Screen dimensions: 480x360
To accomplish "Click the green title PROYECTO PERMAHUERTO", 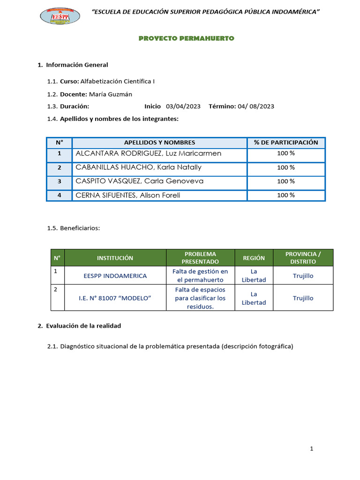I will click(186, 38).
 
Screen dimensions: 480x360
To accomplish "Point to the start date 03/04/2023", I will click(183, 106).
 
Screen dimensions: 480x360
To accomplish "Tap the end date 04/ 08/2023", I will click(256, 106).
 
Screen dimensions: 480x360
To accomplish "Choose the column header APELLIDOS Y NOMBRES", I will click(159, 142).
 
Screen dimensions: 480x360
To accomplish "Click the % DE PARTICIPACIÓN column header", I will click(286, 142).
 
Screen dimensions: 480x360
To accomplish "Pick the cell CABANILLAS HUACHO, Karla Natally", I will click(138, 167).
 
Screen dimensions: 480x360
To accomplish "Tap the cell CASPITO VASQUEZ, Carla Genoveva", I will click(139, 181).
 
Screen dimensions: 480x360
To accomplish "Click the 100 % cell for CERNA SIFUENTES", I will click(286, 195).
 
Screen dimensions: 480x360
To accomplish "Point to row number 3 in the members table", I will click(59, 181).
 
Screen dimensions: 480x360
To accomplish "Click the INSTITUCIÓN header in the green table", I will click(115, 258).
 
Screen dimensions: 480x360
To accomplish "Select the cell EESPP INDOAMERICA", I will click(115, 276).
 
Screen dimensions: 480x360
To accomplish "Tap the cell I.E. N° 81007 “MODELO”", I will click(115, 298).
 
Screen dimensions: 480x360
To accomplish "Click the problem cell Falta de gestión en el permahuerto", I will click(200, 276).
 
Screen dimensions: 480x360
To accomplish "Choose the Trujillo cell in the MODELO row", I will click(303, 298).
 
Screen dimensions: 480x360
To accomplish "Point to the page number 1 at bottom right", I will click(311, 449).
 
